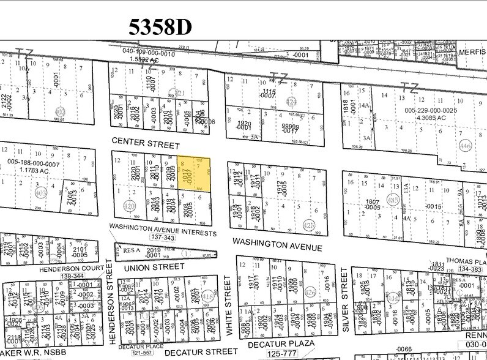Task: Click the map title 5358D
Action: [x=160, y=26]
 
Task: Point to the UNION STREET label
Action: [x=154, y=267]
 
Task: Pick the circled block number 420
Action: [x=129, y=206]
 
